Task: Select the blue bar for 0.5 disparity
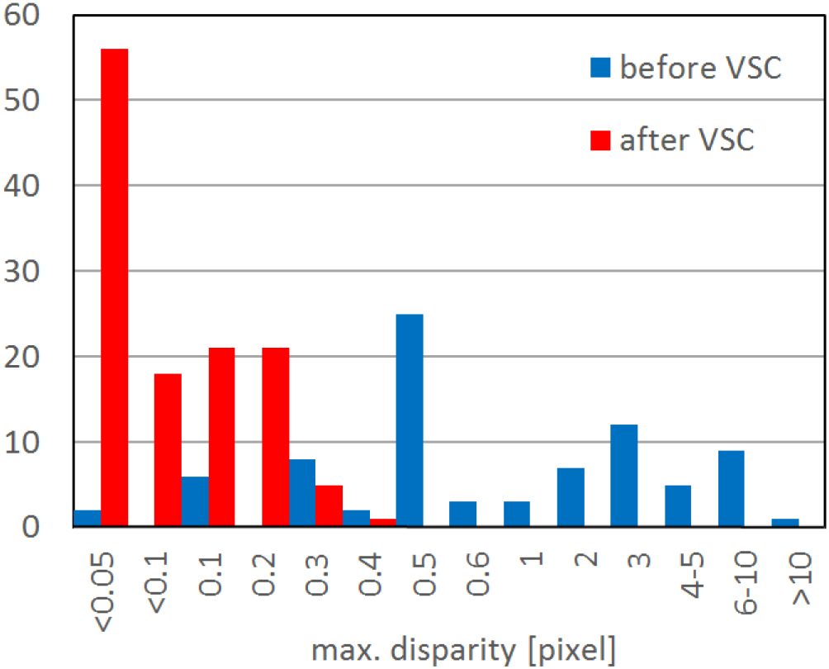click(x=410, y=420)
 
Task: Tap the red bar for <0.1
click(x=168, y=450)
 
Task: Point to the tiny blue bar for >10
click(x=785, y=523)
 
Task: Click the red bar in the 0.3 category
click(x=329, y=506)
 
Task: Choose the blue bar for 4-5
click(x=678, y=505)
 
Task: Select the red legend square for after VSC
click(x=600, y=140)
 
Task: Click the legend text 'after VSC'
click(x=687, y=140)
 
